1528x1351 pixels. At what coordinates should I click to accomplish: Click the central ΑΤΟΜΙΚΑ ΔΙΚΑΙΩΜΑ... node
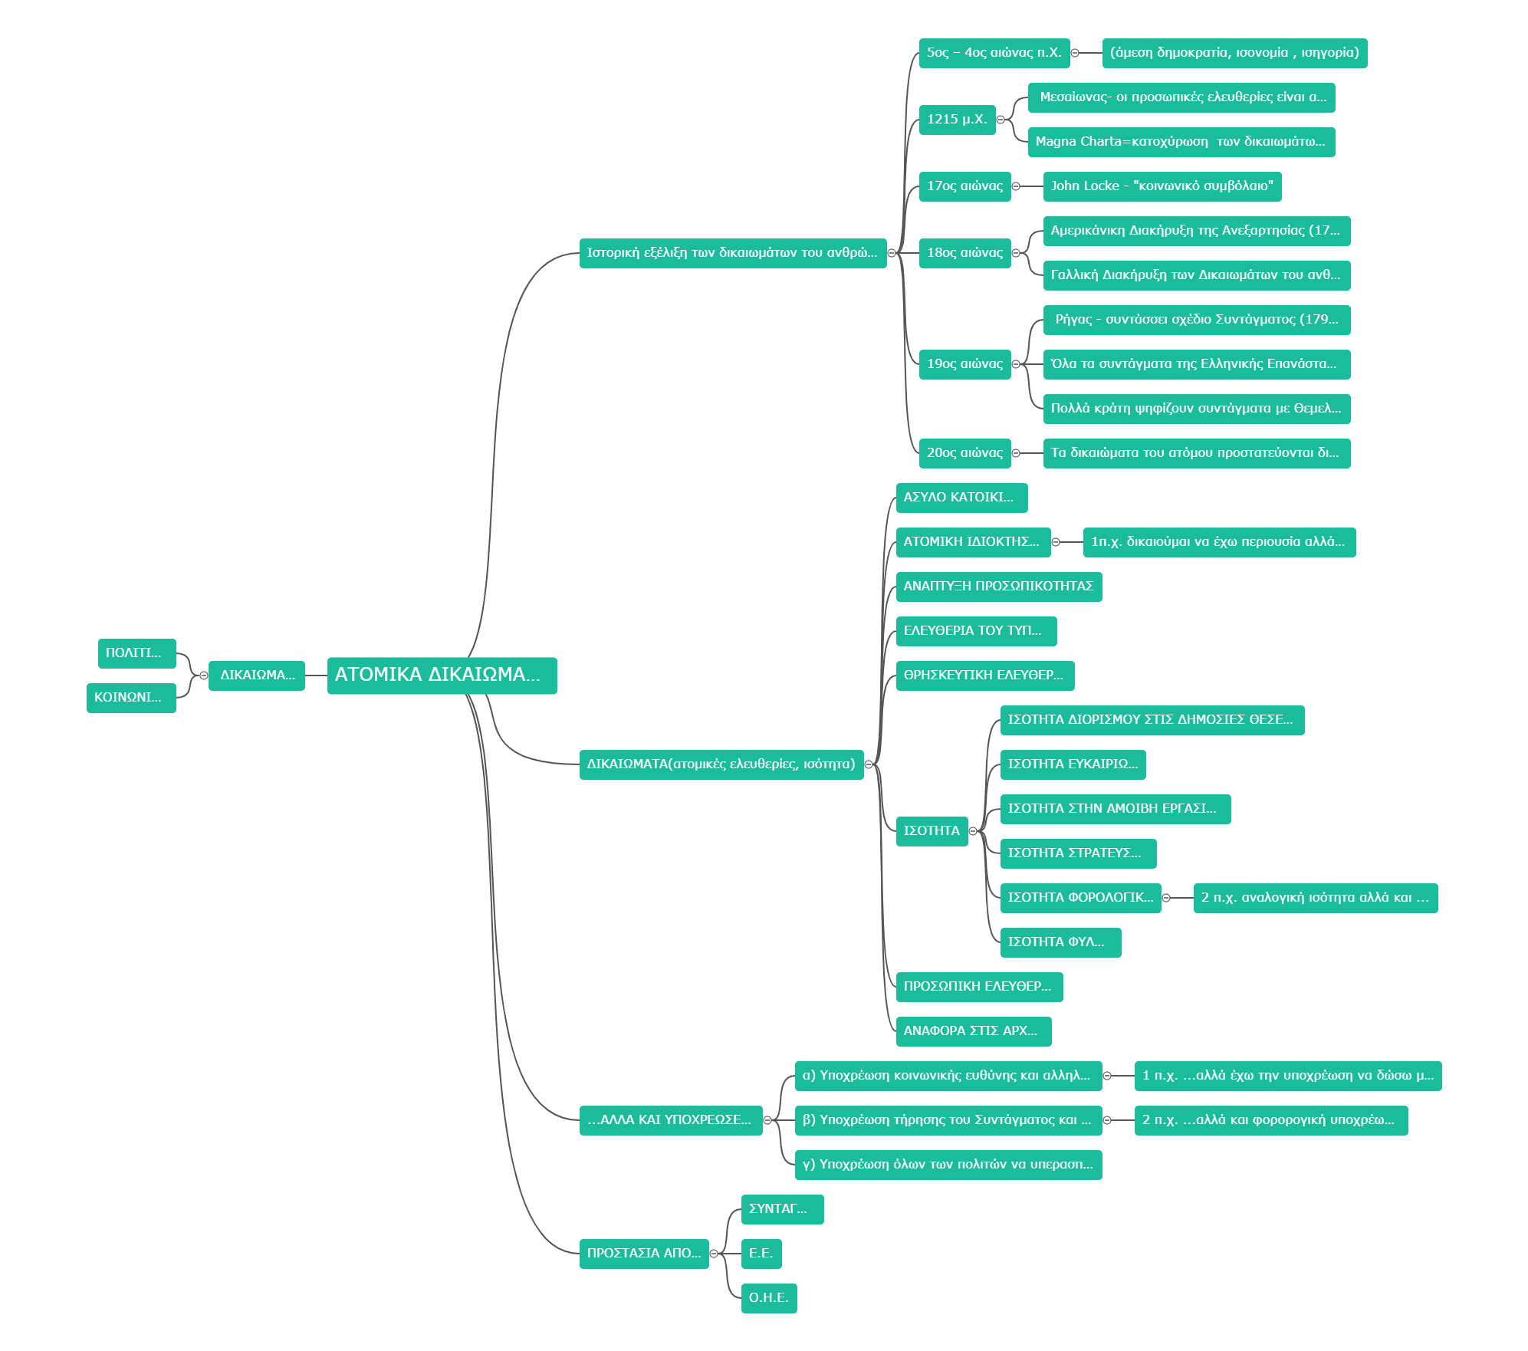[x=442, y=675]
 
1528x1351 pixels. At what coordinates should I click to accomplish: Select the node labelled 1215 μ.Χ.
[x=957, y=120]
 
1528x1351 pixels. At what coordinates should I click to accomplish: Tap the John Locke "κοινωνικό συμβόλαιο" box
[x=1162, y=186]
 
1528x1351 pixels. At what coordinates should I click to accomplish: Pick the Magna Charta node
[x=1181, y=142]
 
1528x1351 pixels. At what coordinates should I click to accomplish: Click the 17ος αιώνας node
[x=964, y=186]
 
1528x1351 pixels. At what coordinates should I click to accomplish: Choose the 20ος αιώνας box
[x=964, y=453]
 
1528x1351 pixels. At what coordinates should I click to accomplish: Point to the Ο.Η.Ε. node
[x=769, y=1298]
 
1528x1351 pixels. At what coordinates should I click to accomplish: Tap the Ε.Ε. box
[x=761, y=1254]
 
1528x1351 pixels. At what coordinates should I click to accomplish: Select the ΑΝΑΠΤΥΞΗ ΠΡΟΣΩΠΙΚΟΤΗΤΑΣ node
[x=998, y=587]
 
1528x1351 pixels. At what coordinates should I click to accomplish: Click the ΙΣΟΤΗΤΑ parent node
[x=932, y=831]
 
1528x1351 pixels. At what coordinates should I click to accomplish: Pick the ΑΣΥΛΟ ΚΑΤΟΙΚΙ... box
[x=961, y=498]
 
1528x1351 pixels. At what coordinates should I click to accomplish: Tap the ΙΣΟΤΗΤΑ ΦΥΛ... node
[x=1060, y=942]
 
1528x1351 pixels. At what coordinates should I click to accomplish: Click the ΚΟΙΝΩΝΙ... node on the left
[x=131, y=698]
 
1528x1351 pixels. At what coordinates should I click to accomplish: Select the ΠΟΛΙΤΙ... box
[x=136, y=653]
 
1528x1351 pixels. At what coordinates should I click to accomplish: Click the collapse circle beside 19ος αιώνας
[x=1017, y=364]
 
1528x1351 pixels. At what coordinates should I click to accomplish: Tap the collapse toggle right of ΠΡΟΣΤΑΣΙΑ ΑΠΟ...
[x=715, y=1254]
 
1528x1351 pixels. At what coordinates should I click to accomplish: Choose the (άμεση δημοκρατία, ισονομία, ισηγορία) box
[x=1234, y=53]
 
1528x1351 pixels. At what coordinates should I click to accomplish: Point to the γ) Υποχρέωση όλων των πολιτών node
[x=948, y=1165]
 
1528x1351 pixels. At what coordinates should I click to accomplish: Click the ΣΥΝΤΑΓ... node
[x=782, y=1209]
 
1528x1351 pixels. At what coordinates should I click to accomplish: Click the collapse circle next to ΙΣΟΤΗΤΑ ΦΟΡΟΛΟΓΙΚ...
[x=1167, y=898]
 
